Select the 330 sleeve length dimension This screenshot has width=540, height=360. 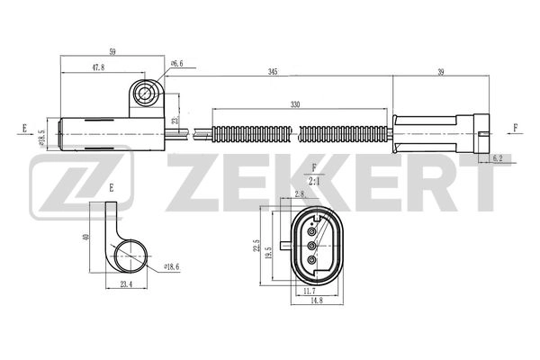pos(295,103)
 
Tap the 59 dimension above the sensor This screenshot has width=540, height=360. pos(112,52)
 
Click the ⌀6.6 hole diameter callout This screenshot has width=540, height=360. pos(176,63)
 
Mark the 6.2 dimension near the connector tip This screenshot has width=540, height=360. pos(498,158)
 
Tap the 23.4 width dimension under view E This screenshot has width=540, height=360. pos(125,285)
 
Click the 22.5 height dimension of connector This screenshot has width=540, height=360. pos(256,246)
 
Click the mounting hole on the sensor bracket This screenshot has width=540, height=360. pos(145,93)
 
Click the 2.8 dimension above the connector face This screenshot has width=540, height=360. pos(300,193)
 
